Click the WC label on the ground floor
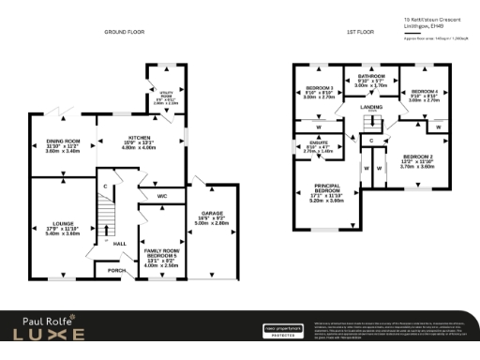[161, 196]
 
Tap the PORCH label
[115, 271]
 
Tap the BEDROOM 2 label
[419, 159]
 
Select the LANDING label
[373, 109]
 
